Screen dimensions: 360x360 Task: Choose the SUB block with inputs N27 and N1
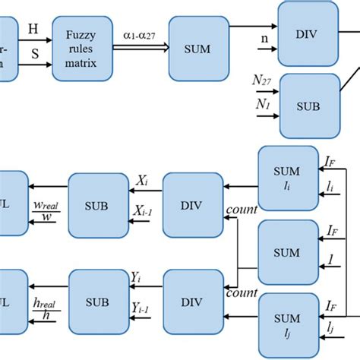(308, 103)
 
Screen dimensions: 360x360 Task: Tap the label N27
(261, 77)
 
